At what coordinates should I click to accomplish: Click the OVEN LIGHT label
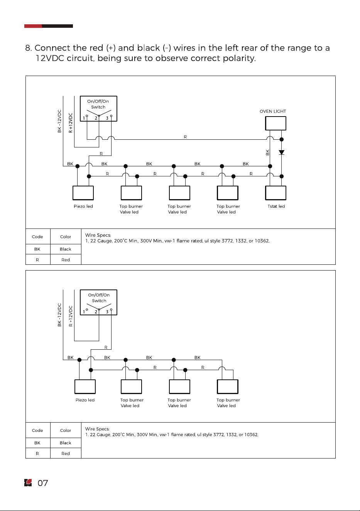tap(273, 111)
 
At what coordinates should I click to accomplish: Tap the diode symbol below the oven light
tap(282, 152)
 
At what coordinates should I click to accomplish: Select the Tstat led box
tap(275, 193)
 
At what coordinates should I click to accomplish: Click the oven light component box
tap(275, 124)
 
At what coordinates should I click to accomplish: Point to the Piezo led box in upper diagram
tap(83, 193)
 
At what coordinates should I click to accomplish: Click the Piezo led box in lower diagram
tap(85, 387)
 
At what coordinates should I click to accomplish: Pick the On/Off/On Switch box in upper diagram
tap(98, 108)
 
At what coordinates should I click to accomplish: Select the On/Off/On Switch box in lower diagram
tap(98, 302)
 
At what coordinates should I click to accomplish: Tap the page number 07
tap(43, 483)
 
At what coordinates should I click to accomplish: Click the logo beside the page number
tap(28, 483)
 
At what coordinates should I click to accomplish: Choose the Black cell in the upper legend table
tap(66, 249)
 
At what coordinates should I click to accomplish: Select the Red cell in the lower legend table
tap(66, 453)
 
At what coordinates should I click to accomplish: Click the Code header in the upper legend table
tap(37, 237)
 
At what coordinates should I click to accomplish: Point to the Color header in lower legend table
tap(66, 430)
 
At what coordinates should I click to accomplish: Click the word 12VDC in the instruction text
tap(50, 58)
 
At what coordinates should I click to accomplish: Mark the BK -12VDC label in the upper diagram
tap(59, 121)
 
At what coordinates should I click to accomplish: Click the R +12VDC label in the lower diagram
tap(71, 316)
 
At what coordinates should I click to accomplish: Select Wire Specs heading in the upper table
tap(98, 235)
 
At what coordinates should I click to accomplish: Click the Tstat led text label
tap(276, 206)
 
